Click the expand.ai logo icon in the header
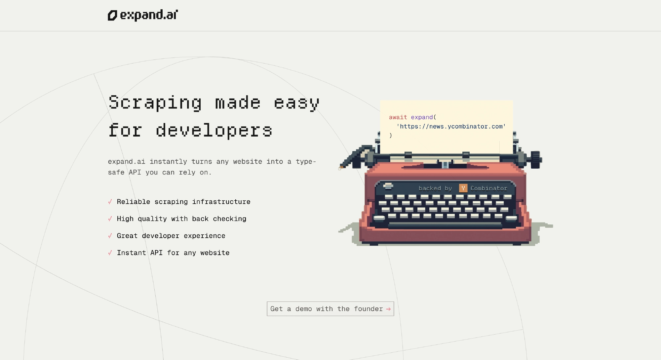pyautogui.click(x=112, y=16)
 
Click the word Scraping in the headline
pyautogui.click(x=155, y=103)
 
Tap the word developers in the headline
pyautogui.click(x=214, y=131)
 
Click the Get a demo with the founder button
pyautogui.click(x=330, y=309)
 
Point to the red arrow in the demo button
pyautogui.click(x=388, y=309)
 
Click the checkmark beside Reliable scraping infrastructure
pyautogui.click(x=110, y=202)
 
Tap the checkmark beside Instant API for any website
pyautogui.click(x=110, y=253)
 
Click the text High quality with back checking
pyautogui.click(x=181, y=219)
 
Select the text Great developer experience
pyautogui.click(x=171, y=236)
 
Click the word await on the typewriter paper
pyautogui.click(x=398, y=117)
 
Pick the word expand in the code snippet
pyautogui.click(x=422, y=117)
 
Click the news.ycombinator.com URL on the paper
pyautogui.click(x=451, y=126)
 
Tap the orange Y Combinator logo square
pyautogui.click(x=463, y=188)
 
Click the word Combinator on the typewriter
pyautogui.click(x=489, y=188)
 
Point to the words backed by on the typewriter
pyautogui.click(x=435, y=188)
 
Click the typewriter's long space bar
pyautogui.click(x=445, y=225)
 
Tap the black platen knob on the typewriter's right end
pyautogui.click(x=536, y=160)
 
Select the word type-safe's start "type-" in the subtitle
pyautogui.click(x=306, y=162)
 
